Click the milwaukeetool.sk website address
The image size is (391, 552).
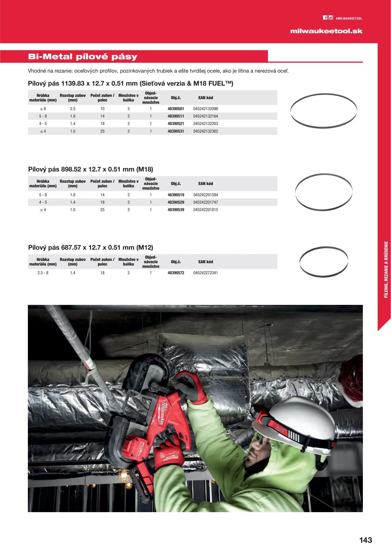coord(326,31)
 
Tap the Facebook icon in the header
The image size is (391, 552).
coord(325,18)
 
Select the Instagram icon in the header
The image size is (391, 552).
coord(331,18)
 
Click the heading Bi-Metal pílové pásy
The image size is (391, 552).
coord(83,56)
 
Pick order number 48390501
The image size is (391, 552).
coord(176,109)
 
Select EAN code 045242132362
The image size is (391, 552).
coord(206,131)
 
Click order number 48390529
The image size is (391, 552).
coord(176,202)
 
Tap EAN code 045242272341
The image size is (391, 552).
coord(206,273)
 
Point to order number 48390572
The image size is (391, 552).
coord(176,273)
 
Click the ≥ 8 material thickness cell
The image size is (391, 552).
coord(43,109)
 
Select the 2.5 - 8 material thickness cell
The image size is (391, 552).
coord(43,273)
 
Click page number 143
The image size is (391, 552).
coord(365,540)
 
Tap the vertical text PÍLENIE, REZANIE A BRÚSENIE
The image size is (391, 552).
coord(386,270)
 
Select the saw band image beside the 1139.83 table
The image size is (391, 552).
coord(323,111)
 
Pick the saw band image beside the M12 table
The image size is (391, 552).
coord(323,262)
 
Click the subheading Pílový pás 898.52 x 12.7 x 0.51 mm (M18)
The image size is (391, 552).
coord(91,169)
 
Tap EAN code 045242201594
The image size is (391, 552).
coord(206,195)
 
